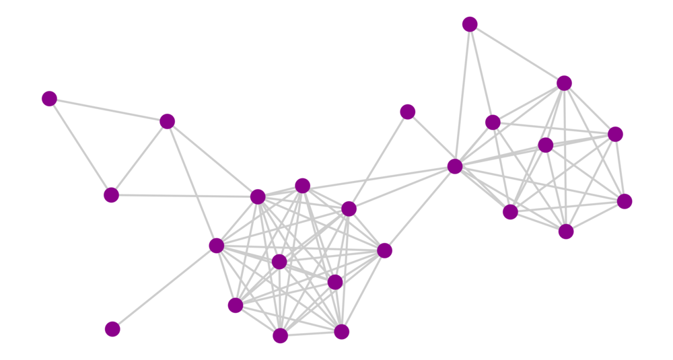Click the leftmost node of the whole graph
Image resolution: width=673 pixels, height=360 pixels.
point(49,99)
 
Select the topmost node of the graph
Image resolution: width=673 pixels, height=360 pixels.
point(470,25)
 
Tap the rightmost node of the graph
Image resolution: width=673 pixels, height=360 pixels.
point(625,201)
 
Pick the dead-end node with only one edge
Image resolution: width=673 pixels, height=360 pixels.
point(112,329)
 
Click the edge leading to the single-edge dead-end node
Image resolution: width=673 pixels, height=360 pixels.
point(164,287)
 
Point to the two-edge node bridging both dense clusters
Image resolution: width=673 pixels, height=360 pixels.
point(407,112)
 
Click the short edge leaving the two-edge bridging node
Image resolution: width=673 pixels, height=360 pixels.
point(431,139)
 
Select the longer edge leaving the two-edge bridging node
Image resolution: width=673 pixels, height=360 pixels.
point(378,160)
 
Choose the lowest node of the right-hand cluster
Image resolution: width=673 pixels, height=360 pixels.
point(566,231)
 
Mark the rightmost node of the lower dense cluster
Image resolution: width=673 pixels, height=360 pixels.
point(384,251)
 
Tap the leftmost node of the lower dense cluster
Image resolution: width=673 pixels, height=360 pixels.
point(216,246)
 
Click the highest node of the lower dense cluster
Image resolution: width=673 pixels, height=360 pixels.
point(303,186)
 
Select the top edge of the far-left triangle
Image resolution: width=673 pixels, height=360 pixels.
point(108,110)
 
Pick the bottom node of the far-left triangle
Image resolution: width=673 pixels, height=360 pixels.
point(111,195)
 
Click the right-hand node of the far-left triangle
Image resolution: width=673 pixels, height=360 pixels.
point(167,122)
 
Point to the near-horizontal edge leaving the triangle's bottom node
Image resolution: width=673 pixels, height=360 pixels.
point(184,196)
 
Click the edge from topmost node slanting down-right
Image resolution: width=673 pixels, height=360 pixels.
point(517,54)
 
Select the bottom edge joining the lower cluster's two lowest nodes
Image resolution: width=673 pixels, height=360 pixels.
point(311,334)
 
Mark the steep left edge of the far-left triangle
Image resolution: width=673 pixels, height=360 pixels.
point(80,147)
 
